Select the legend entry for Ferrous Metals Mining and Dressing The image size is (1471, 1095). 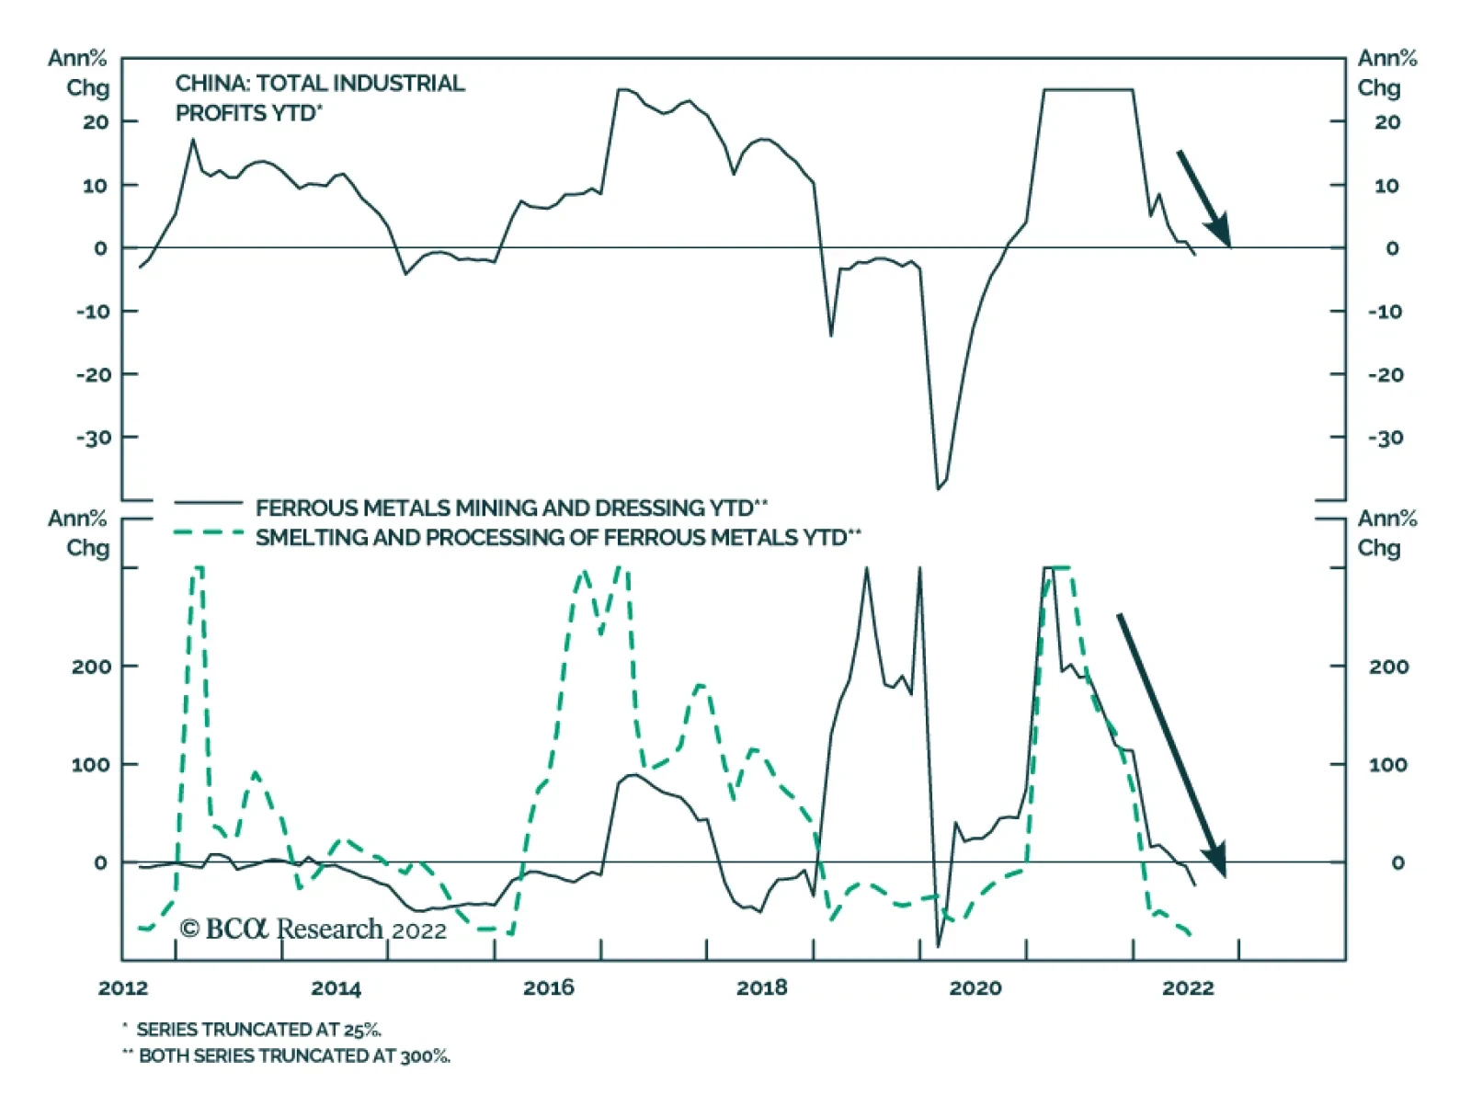(511, 508)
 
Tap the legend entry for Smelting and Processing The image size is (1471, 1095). (557, 537)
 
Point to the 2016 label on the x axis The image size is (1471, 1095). (549, 987)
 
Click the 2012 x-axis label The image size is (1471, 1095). (123, 987)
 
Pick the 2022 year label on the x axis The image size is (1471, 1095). (1188, 987)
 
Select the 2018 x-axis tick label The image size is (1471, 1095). (762, 987)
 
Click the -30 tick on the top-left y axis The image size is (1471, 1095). (94, 438)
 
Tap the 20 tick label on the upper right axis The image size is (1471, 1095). (1387, 122)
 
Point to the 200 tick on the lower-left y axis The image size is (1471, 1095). (91, 667)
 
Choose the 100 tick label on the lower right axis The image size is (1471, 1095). (1388, 765)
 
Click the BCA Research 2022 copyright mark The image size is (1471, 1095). (313, 930)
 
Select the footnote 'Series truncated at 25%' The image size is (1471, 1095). (257, 1029)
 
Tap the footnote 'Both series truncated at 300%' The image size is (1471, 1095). (293, 1055)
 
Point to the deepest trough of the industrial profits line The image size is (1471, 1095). (938, 488)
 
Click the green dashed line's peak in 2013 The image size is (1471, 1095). (255, 773)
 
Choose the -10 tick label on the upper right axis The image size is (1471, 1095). (1385, 312)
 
